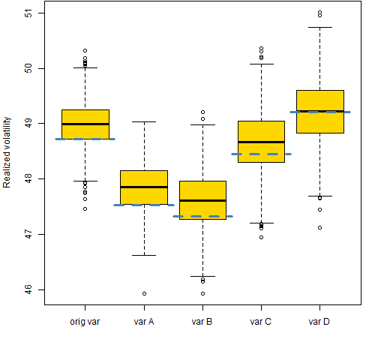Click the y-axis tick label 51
[29, 13]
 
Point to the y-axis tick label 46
[29, 289]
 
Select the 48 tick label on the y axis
[29, 178]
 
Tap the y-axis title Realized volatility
[7, 152]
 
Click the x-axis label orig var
[85, 322]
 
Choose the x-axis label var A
[144, 322]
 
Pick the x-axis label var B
[202, 322]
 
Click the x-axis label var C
[261, 322]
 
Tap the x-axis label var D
[319, 322]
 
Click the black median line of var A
[144, 187]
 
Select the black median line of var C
[261, 142]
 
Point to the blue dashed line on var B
[202, 216]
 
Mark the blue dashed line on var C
[261, 154]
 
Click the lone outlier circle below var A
[144, 293]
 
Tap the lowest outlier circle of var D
[319, 227]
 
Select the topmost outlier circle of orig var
[85, 50]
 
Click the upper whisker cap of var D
[320, 27]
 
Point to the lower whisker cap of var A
[144, 255]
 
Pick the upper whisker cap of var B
[202, 124]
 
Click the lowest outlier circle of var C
[261, 237]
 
